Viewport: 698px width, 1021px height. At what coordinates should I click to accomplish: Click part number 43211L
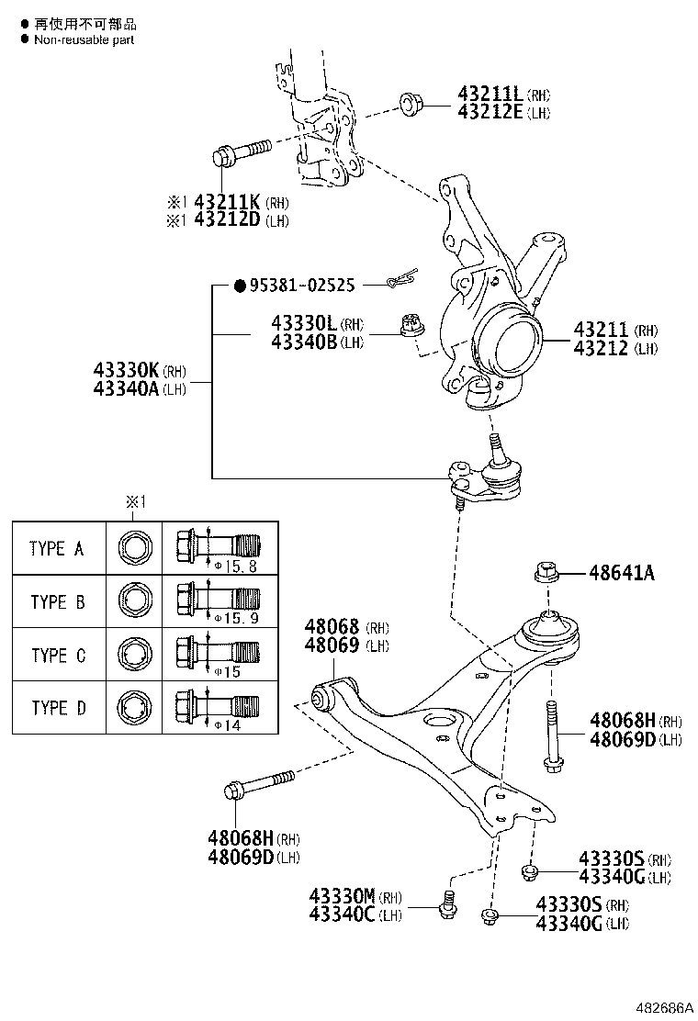tap(490, 94)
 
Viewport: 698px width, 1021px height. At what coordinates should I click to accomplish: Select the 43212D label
tap(226, 220)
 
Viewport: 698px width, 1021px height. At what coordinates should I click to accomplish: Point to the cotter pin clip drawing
tap(402, 277)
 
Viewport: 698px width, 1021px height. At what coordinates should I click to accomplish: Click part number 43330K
tap(126, 371)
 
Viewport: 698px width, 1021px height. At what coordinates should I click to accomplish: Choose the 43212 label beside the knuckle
tap(601, 348)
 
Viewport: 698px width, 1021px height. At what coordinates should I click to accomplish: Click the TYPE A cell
tap(57, 549)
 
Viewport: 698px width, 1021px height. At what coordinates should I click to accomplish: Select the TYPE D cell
tap(57, 708)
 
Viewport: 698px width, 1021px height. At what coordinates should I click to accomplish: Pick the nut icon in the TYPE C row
tap(133, 656)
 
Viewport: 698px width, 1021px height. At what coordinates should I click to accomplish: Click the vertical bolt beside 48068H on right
tap(552, 734)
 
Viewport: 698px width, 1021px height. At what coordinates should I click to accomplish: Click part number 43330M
tap(342, 896)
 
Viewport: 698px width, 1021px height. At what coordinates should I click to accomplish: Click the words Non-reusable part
tap(84, 39)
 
